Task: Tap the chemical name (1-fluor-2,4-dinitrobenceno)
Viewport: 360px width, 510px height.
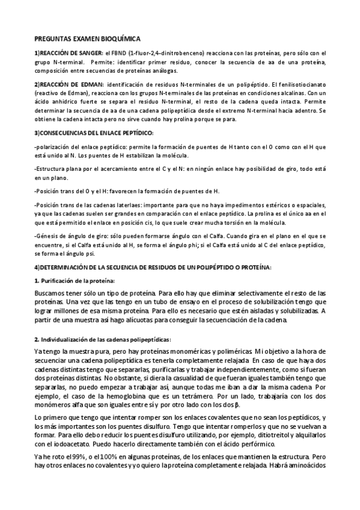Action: pos(170,53)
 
